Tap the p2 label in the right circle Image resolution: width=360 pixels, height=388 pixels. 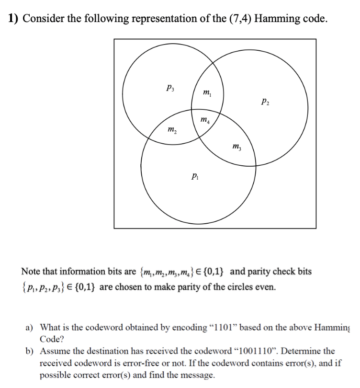tap(265, 102)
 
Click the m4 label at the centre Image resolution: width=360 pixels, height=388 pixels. tap(205, 119)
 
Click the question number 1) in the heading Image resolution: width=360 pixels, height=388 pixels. tap(14, 19)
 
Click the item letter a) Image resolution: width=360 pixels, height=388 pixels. tap(29, 328)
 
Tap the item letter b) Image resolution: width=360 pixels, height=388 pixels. tap(29, 352)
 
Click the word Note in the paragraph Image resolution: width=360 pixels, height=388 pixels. tap(31, 272)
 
